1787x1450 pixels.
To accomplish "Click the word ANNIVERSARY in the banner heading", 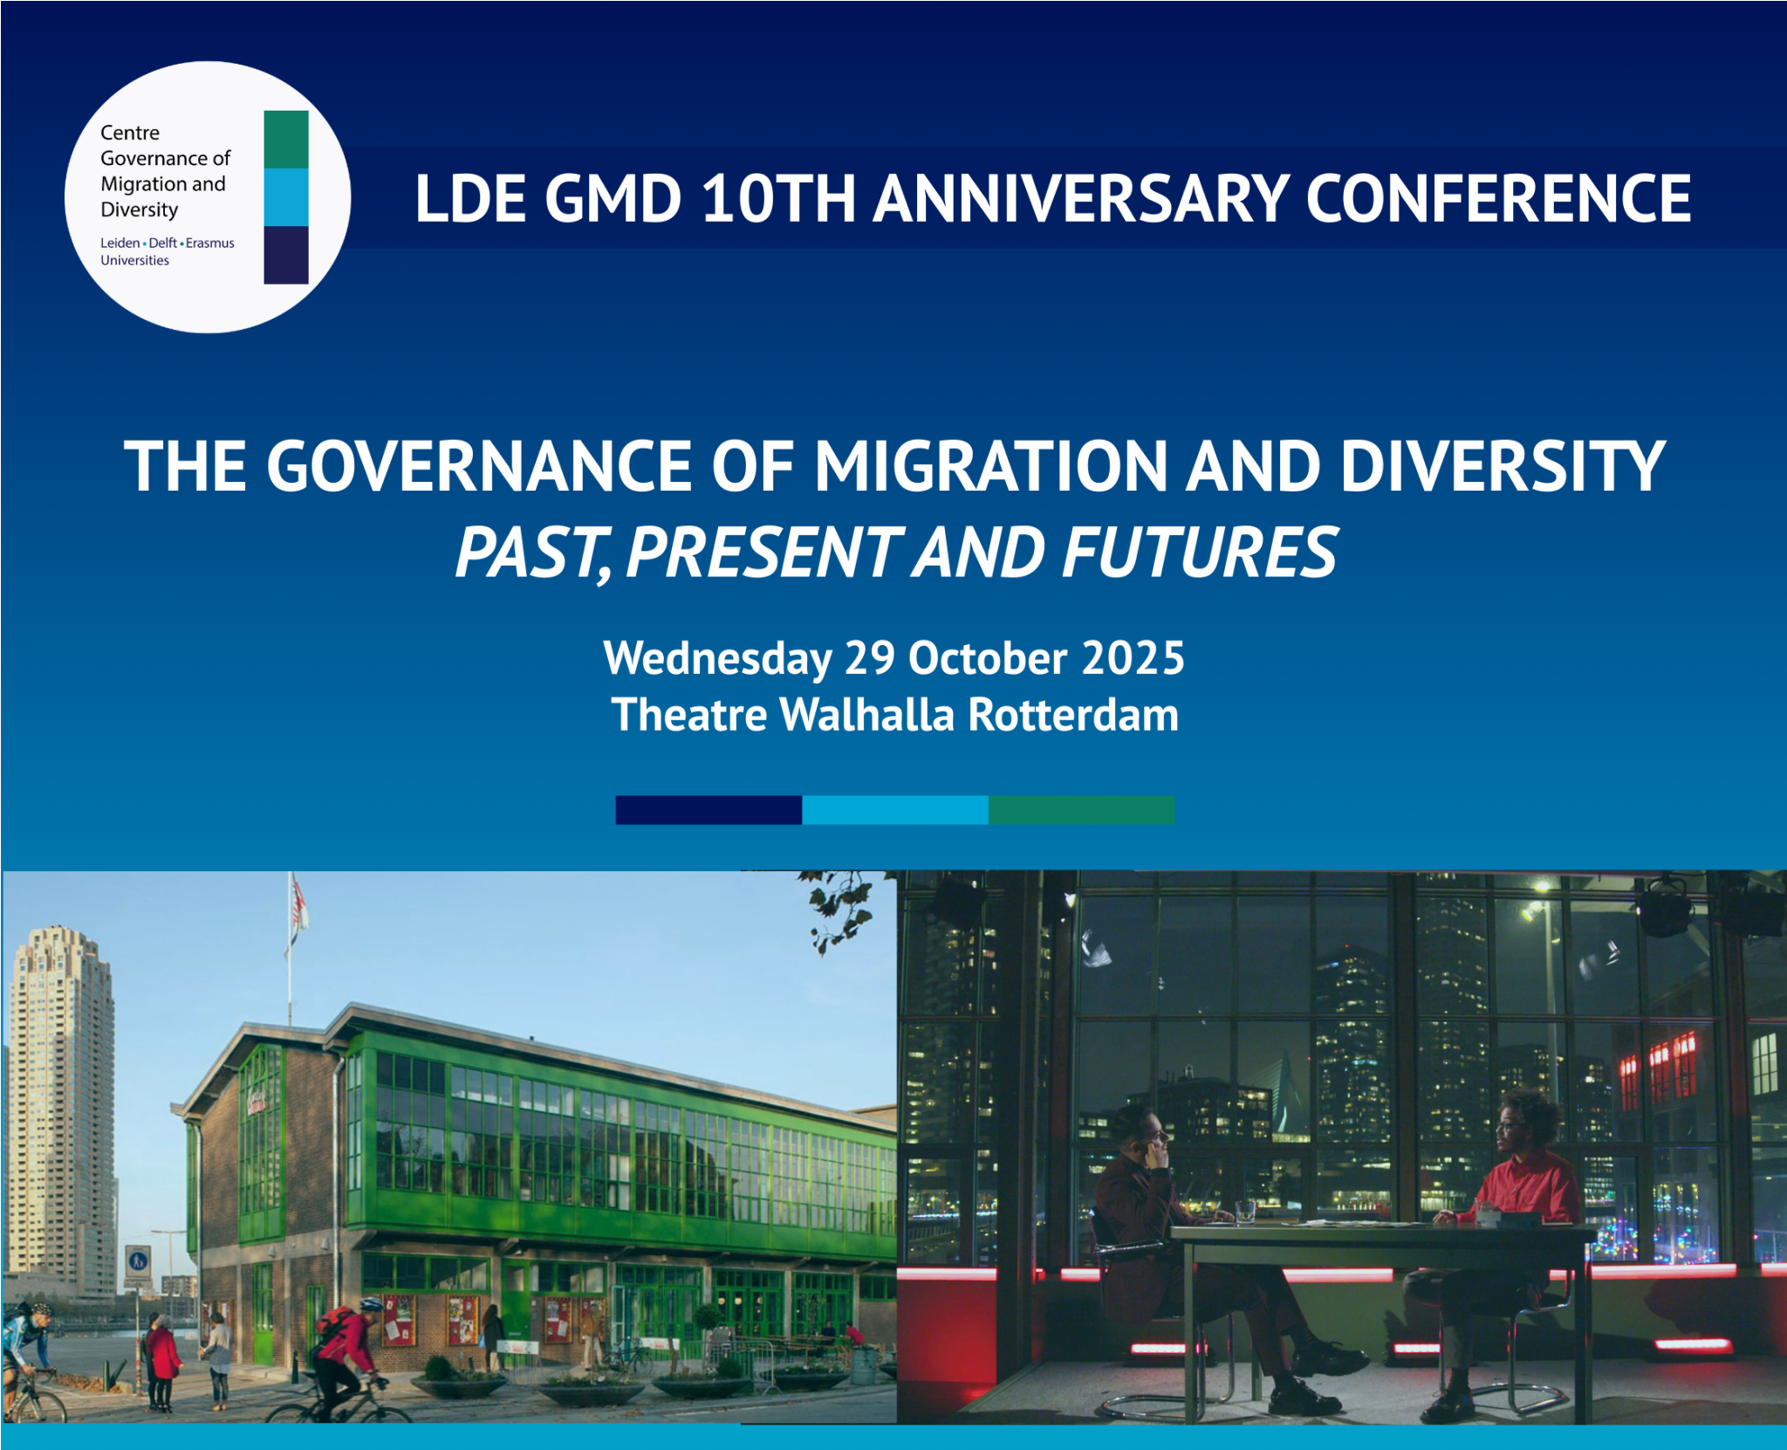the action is point(1081,198).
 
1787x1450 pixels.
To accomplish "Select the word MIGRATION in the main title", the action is point(990,466).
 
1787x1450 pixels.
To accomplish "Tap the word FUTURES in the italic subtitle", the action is point(1200,553).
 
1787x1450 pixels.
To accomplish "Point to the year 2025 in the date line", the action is point(1133,657).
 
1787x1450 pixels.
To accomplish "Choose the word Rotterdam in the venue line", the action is point(1073,715).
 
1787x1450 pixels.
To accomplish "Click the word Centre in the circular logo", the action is point(130,133).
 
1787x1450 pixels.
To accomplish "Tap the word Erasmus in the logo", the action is point(210,243).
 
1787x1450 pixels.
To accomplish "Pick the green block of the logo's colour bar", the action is point(286,139).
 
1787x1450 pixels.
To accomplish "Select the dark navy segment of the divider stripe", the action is point(709,810).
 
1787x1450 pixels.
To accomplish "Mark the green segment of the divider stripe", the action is point(1081,810).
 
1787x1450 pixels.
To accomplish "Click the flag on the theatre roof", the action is point(299,904).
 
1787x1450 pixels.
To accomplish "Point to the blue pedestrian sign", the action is point(138,1261).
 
